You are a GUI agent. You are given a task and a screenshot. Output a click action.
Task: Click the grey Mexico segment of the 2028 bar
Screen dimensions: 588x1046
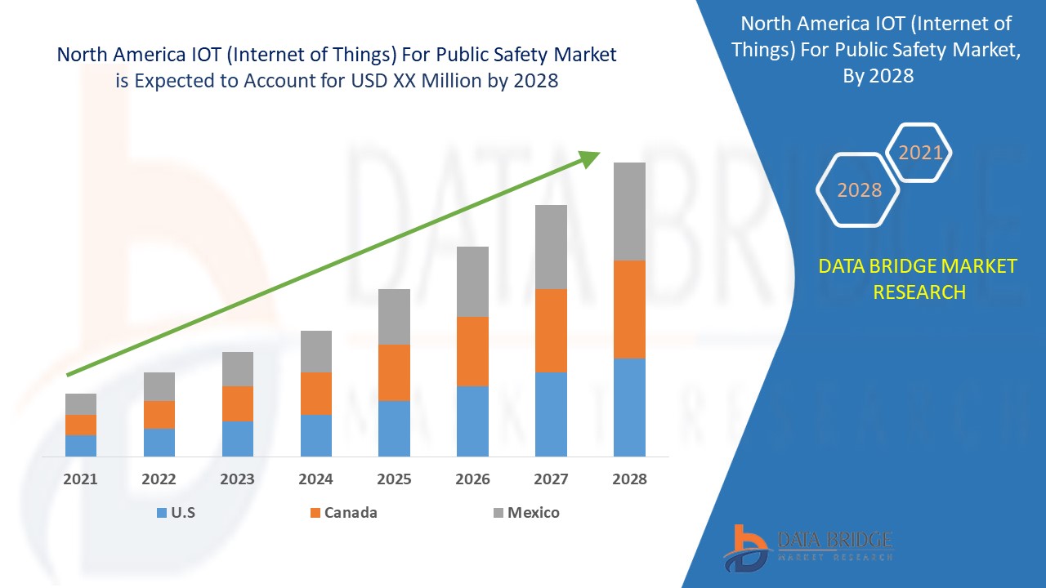(629, 212)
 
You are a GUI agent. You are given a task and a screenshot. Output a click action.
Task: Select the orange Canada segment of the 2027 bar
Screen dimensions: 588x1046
(551, 331)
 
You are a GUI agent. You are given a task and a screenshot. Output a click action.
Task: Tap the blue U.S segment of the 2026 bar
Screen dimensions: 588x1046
(472, 421)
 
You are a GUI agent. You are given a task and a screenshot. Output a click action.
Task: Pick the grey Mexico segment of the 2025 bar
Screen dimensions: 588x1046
(394, 317)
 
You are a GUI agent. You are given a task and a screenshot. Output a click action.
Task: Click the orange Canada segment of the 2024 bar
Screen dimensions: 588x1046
(316, 394)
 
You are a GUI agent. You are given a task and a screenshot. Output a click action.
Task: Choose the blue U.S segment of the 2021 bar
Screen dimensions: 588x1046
(81, 446)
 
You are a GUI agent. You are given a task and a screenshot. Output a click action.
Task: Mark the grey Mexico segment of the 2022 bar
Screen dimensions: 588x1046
(159, 386)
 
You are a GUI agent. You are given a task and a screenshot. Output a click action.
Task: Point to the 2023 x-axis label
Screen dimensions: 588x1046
(237, 479)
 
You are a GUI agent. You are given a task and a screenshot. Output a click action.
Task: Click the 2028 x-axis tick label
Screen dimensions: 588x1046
(629, 479)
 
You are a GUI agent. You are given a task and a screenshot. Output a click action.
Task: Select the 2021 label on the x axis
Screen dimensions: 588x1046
(81, 479)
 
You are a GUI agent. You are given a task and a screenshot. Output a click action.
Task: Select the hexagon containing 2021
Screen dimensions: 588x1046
(920, 153)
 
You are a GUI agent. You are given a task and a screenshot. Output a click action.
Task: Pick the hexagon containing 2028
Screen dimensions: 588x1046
(859, 189)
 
